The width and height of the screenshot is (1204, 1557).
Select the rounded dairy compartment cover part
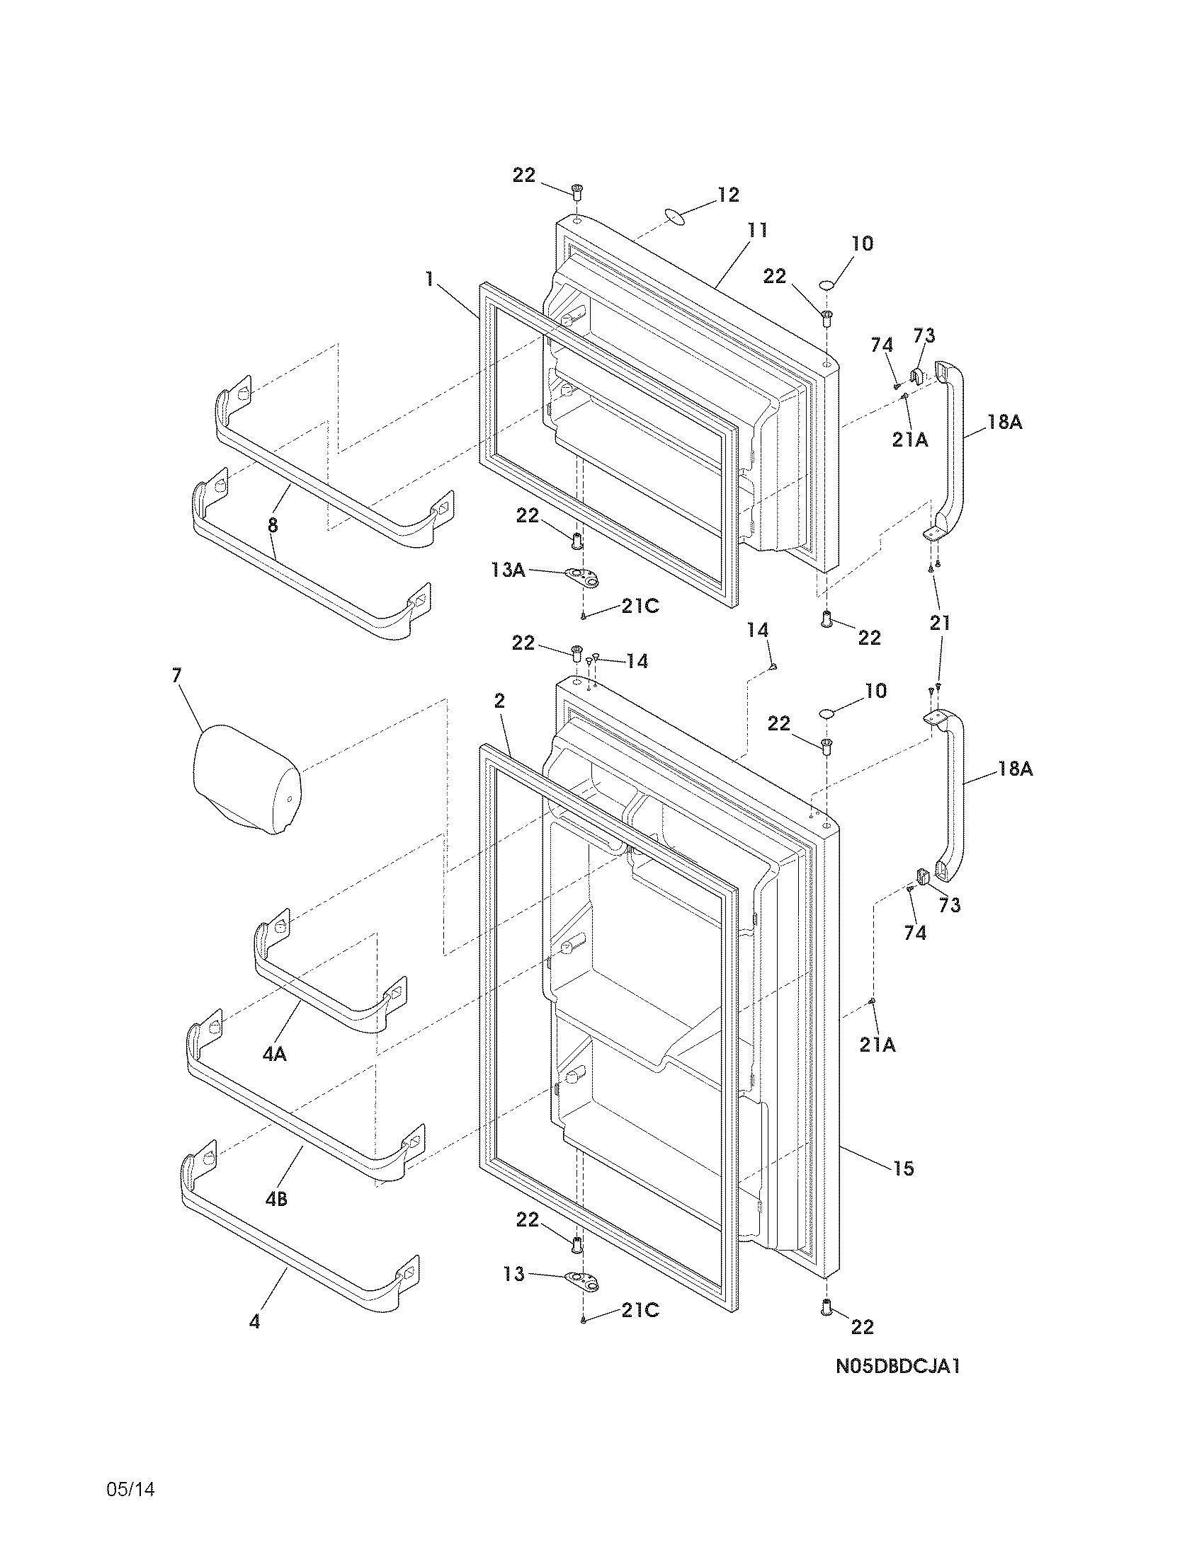click(x=246, y=781)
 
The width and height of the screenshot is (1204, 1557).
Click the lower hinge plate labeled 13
click(x=581, y=1281)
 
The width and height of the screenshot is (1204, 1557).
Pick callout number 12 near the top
click(x=728, y=195)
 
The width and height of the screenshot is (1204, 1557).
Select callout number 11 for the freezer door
click(x=757, y=230)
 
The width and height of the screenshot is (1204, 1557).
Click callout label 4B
click(x=276, y=1199)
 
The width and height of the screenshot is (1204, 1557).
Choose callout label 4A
click(x=274, y=1054)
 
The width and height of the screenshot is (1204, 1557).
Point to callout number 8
click(x=273, y=526)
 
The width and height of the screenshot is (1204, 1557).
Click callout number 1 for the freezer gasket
click(x=429, y=278)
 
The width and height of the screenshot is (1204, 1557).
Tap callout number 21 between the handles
click(x=940, y=623)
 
